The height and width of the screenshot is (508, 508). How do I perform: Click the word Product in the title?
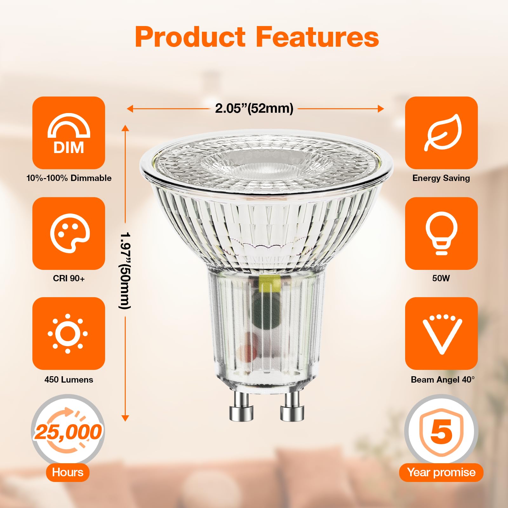click(190, 37)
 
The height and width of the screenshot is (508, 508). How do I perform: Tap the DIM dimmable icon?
click(69, 133)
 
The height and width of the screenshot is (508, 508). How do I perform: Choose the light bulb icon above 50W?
click(441, 233)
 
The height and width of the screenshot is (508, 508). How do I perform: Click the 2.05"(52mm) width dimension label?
click(254, 108)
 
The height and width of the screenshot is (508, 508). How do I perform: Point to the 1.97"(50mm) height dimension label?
click(125, 271)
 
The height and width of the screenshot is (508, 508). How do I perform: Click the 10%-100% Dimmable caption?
click(69, 178)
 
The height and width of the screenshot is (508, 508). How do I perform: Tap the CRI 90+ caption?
click(69, 278)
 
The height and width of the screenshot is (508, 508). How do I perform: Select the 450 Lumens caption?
click(69, 379)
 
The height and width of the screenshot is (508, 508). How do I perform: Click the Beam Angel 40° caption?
click(443, 379)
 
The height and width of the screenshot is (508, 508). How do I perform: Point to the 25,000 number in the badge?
click(68, 432)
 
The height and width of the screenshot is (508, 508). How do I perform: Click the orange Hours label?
click(68, 472)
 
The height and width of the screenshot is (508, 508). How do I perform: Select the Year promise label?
click(441, 472)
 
